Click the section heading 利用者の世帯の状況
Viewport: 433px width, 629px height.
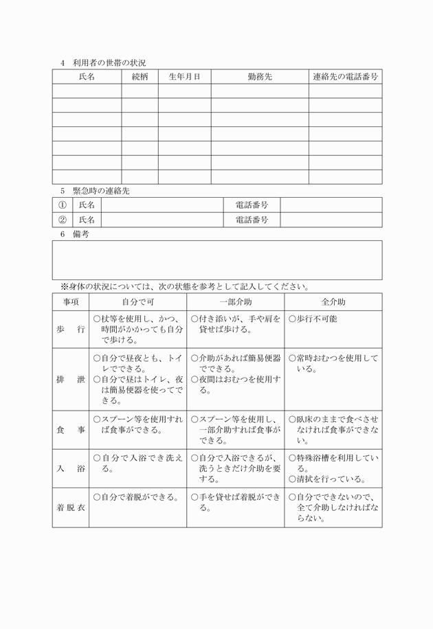pos(109,63)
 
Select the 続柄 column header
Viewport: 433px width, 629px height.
pos(140,77)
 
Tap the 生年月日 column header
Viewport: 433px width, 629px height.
pos(184,77)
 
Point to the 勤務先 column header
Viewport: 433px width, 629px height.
pos(259,77)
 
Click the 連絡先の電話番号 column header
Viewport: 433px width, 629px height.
pos(345,77)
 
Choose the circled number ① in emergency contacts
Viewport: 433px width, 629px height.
pos(63,205)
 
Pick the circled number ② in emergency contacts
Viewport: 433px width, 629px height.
pos(63,220)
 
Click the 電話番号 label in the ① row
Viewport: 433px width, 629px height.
pos(252,205)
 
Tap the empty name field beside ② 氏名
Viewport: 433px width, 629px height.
pos(162,220)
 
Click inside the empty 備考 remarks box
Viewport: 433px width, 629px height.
pos(216,260)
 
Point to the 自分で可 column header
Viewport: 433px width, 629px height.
pos(137,302)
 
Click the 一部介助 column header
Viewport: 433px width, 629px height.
pos(235,302)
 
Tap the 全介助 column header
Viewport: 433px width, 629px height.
pos(333,302)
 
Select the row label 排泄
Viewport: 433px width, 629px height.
pos(71,379)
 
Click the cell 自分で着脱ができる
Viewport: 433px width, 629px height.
pos(137,497)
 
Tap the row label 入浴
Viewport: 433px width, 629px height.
pos(71,468)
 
